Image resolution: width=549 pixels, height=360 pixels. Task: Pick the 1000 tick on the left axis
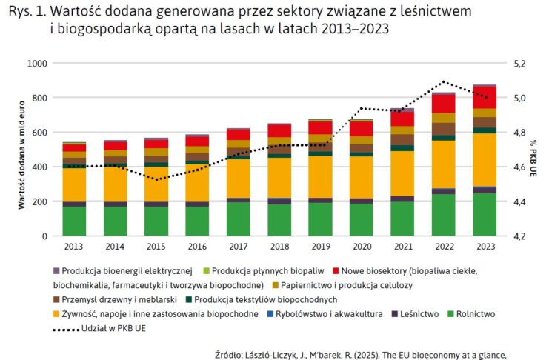click(38, 64)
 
